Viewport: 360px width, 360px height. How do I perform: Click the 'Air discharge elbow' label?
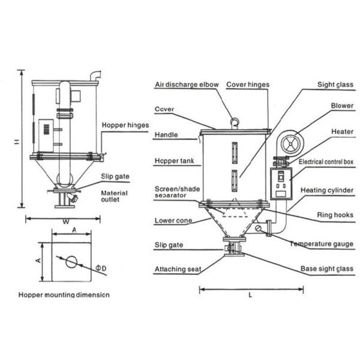click(x=187, y=85)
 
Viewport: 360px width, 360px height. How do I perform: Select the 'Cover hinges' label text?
click(x=248, y=85)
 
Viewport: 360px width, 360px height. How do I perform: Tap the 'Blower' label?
click(x=342, y=106)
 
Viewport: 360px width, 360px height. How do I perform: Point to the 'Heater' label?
click(x=343, y=131)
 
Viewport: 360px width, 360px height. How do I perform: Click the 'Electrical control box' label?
click(x=326, y=162)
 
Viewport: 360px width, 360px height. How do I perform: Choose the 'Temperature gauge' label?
click(x=322, y=244)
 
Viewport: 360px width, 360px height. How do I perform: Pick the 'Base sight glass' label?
click(x=327, y=269)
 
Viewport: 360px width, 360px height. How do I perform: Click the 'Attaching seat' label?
click(x=178, y=269)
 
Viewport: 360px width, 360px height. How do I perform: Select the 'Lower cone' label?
click(x=173, y=221)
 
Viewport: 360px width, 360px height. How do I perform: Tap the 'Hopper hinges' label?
click(x=125, y=125)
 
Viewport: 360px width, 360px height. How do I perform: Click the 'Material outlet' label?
click(x=114, y=196)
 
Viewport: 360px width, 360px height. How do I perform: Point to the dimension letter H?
click(x=17, y=142)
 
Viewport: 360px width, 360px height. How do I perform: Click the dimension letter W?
click(x=66, y=222)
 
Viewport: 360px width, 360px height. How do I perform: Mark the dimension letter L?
click(x=250, y=295)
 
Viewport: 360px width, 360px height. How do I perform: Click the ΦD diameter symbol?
click(x=101, y=268)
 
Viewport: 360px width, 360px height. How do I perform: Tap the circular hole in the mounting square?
click(x=71, y=262)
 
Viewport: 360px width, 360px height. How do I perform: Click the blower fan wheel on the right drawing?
click(x=290, y=144)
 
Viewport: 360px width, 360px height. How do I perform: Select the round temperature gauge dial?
click(x=259, y=228)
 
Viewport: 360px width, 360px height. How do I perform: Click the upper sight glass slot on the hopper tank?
click(x=235, y=153)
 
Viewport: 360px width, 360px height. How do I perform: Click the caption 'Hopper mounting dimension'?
click(x=64, y=295)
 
